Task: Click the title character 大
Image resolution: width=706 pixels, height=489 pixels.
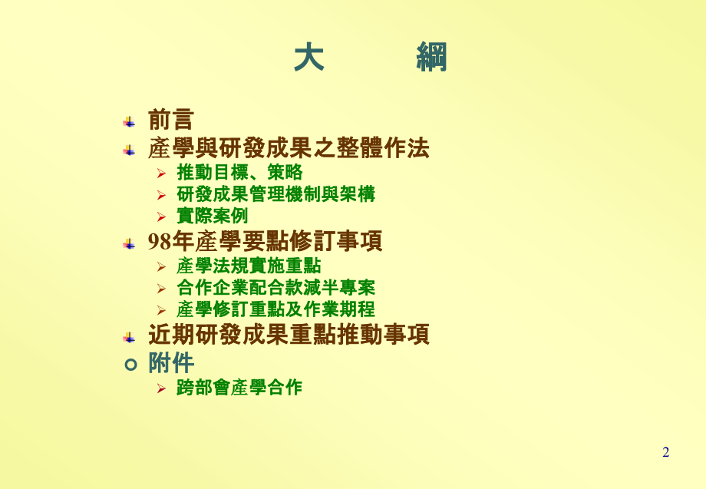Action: pos(308,58)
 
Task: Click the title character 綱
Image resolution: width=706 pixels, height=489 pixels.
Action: pos(432,58)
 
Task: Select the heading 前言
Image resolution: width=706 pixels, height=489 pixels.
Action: pos(170,120)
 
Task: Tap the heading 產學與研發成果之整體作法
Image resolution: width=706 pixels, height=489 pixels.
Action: pos(288,147)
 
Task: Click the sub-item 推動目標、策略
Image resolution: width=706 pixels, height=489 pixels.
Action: pos(239,172)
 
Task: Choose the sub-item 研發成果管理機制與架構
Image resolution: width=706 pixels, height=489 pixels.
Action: pos(275,194)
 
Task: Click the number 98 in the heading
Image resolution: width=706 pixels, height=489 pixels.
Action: pos(159,243)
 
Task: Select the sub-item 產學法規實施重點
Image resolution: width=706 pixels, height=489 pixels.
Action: pos(249,266)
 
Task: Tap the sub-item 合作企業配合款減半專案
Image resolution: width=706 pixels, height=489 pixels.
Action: pos(275,288)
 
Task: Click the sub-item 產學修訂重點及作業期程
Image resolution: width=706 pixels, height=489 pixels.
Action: pos(275,309)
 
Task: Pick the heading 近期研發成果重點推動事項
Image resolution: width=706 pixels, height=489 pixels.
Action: pos(288,335)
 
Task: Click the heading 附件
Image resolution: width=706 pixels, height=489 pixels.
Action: pos(170,362)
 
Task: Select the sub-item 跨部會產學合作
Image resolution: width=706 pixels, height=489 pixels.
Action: pos(239,388)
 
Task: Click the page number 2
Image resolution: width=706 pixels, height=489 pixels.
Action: pos(665,452)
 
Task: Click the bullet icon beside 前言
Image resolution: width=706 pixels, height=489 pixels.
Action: pos(129,122)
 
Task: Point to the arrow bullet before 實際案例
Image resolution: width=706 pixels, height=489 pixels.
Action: pos(161,217)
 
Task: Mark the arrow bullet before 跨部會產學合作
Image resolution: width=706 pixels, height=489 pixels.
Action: pos(161,388)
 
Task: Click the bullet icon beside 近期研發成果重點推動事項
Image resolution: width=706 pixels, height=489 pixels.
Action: pos(129,337)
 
